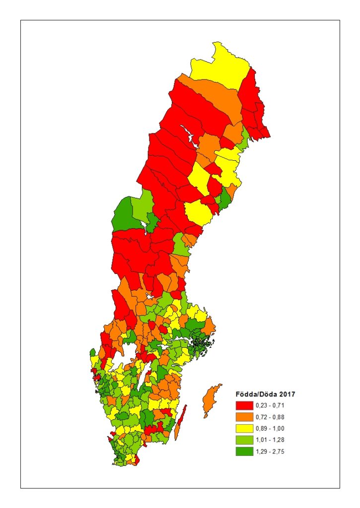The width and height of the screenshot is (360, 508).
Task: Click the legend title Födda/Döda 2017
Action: point(265,394)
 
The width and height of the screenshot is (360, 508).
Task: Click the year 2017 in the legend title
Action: point(288,394)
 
